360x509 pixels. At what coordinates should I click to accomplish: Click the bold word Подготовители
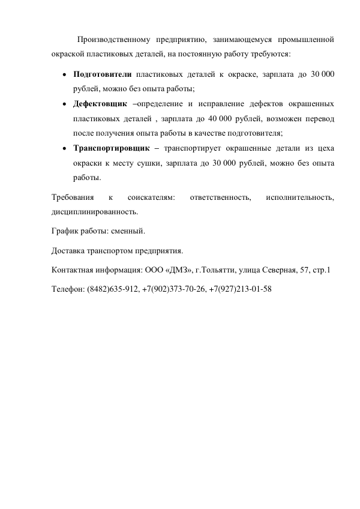click(101, 74)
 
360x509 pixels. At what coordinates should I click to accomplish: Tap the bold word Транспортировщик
click(110, 148)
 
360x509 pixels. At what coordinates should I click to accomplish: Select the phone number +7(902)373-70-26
click(175, 289)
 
